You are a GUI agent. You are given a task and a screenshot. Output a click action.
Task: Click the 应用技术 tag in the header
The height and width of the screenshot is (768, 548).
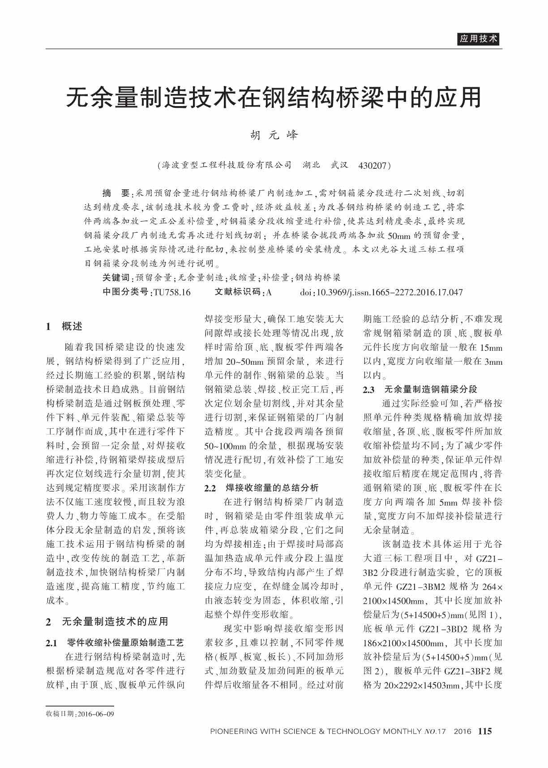(478, 39)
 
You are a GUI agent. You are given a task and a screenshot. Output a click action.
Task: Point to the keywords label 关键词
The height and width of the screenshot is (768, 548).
(116, 277)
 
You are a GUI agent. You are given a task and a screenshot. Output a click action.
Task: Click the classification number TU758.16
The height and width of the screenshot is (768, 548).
(172, 292)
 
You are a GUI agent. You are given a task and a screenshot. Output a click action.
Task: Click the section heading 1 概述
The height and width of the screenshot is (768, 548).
(64, 326)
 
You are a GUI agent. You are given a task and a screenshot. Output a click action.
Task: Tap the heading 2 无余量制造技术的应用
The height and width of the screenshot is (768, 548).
(107, 621)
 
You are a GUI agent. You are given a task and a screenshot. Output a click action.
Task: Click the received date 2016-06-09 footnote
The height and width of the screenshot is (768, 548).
(80, 713)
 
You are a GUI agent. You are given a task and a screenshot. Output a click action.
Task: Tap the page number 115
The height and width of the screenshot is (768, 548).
(484, 731)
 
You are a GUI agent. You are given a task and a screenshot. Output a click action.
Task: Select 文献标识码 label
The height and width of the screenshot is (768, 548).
(237, 292)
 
